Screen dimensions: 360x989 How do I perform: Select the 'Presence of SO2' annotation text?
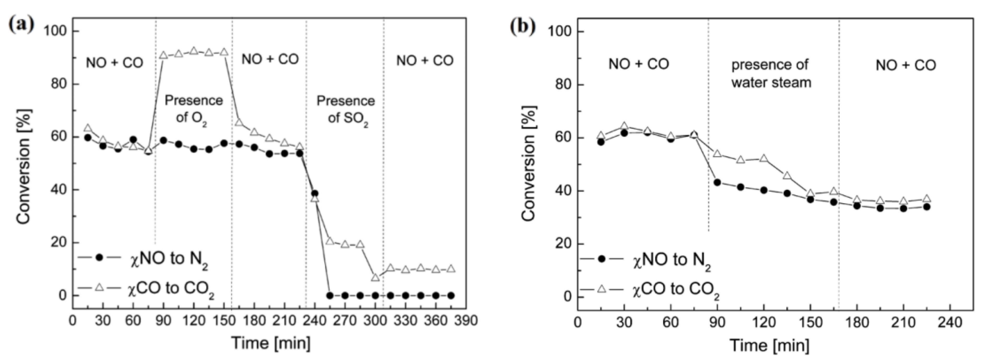click(345, 109)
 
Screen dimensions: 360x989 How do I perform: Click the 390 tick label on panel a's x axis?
click(466, 320)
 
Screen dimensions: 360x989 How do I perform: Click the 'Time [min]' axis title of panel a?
click(271, 343)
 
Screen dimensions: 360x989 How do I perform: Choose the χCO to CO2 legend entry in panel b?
click(649, 290)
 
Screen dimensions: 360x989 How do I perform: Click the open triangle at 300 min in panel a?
click(375, 277)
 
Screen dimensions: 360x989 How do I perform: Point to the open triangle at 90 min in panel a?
click(163, 55)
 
